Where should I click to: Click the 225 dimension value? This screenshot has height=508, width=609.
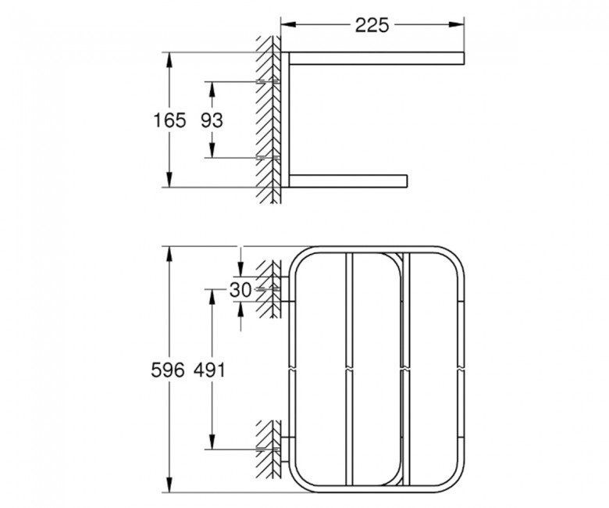372,25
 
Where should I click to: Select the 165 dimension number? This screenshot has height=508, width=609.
169,120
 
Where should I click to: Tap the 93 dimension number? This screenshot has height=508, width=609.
212,120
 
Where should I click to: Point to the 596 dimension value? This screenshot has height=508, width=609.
168,370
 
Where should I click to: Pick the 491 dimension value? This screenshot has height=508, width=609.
209,370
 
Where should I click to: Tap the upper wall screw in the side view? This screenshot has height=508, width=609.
269,81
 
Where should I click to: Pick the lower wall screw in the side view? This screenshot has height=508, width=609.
269,157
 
